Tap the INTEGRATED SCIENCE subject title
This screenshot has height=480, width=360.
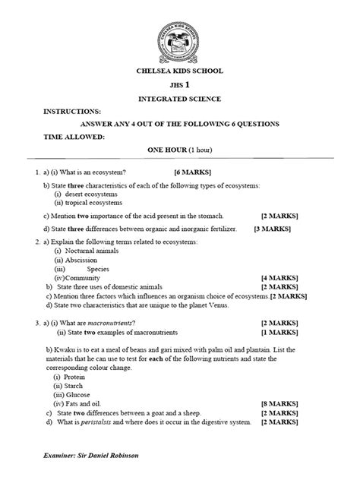pos(180,99)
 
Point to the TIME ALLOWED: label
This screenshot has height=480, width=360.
pos(74,137)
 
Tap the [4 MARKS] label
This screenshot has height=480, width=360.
pos(279,278)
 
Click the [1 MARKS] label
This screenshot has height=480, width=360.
pos(279,333)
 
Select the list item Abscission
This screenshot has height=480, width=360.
pos(81,259)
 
